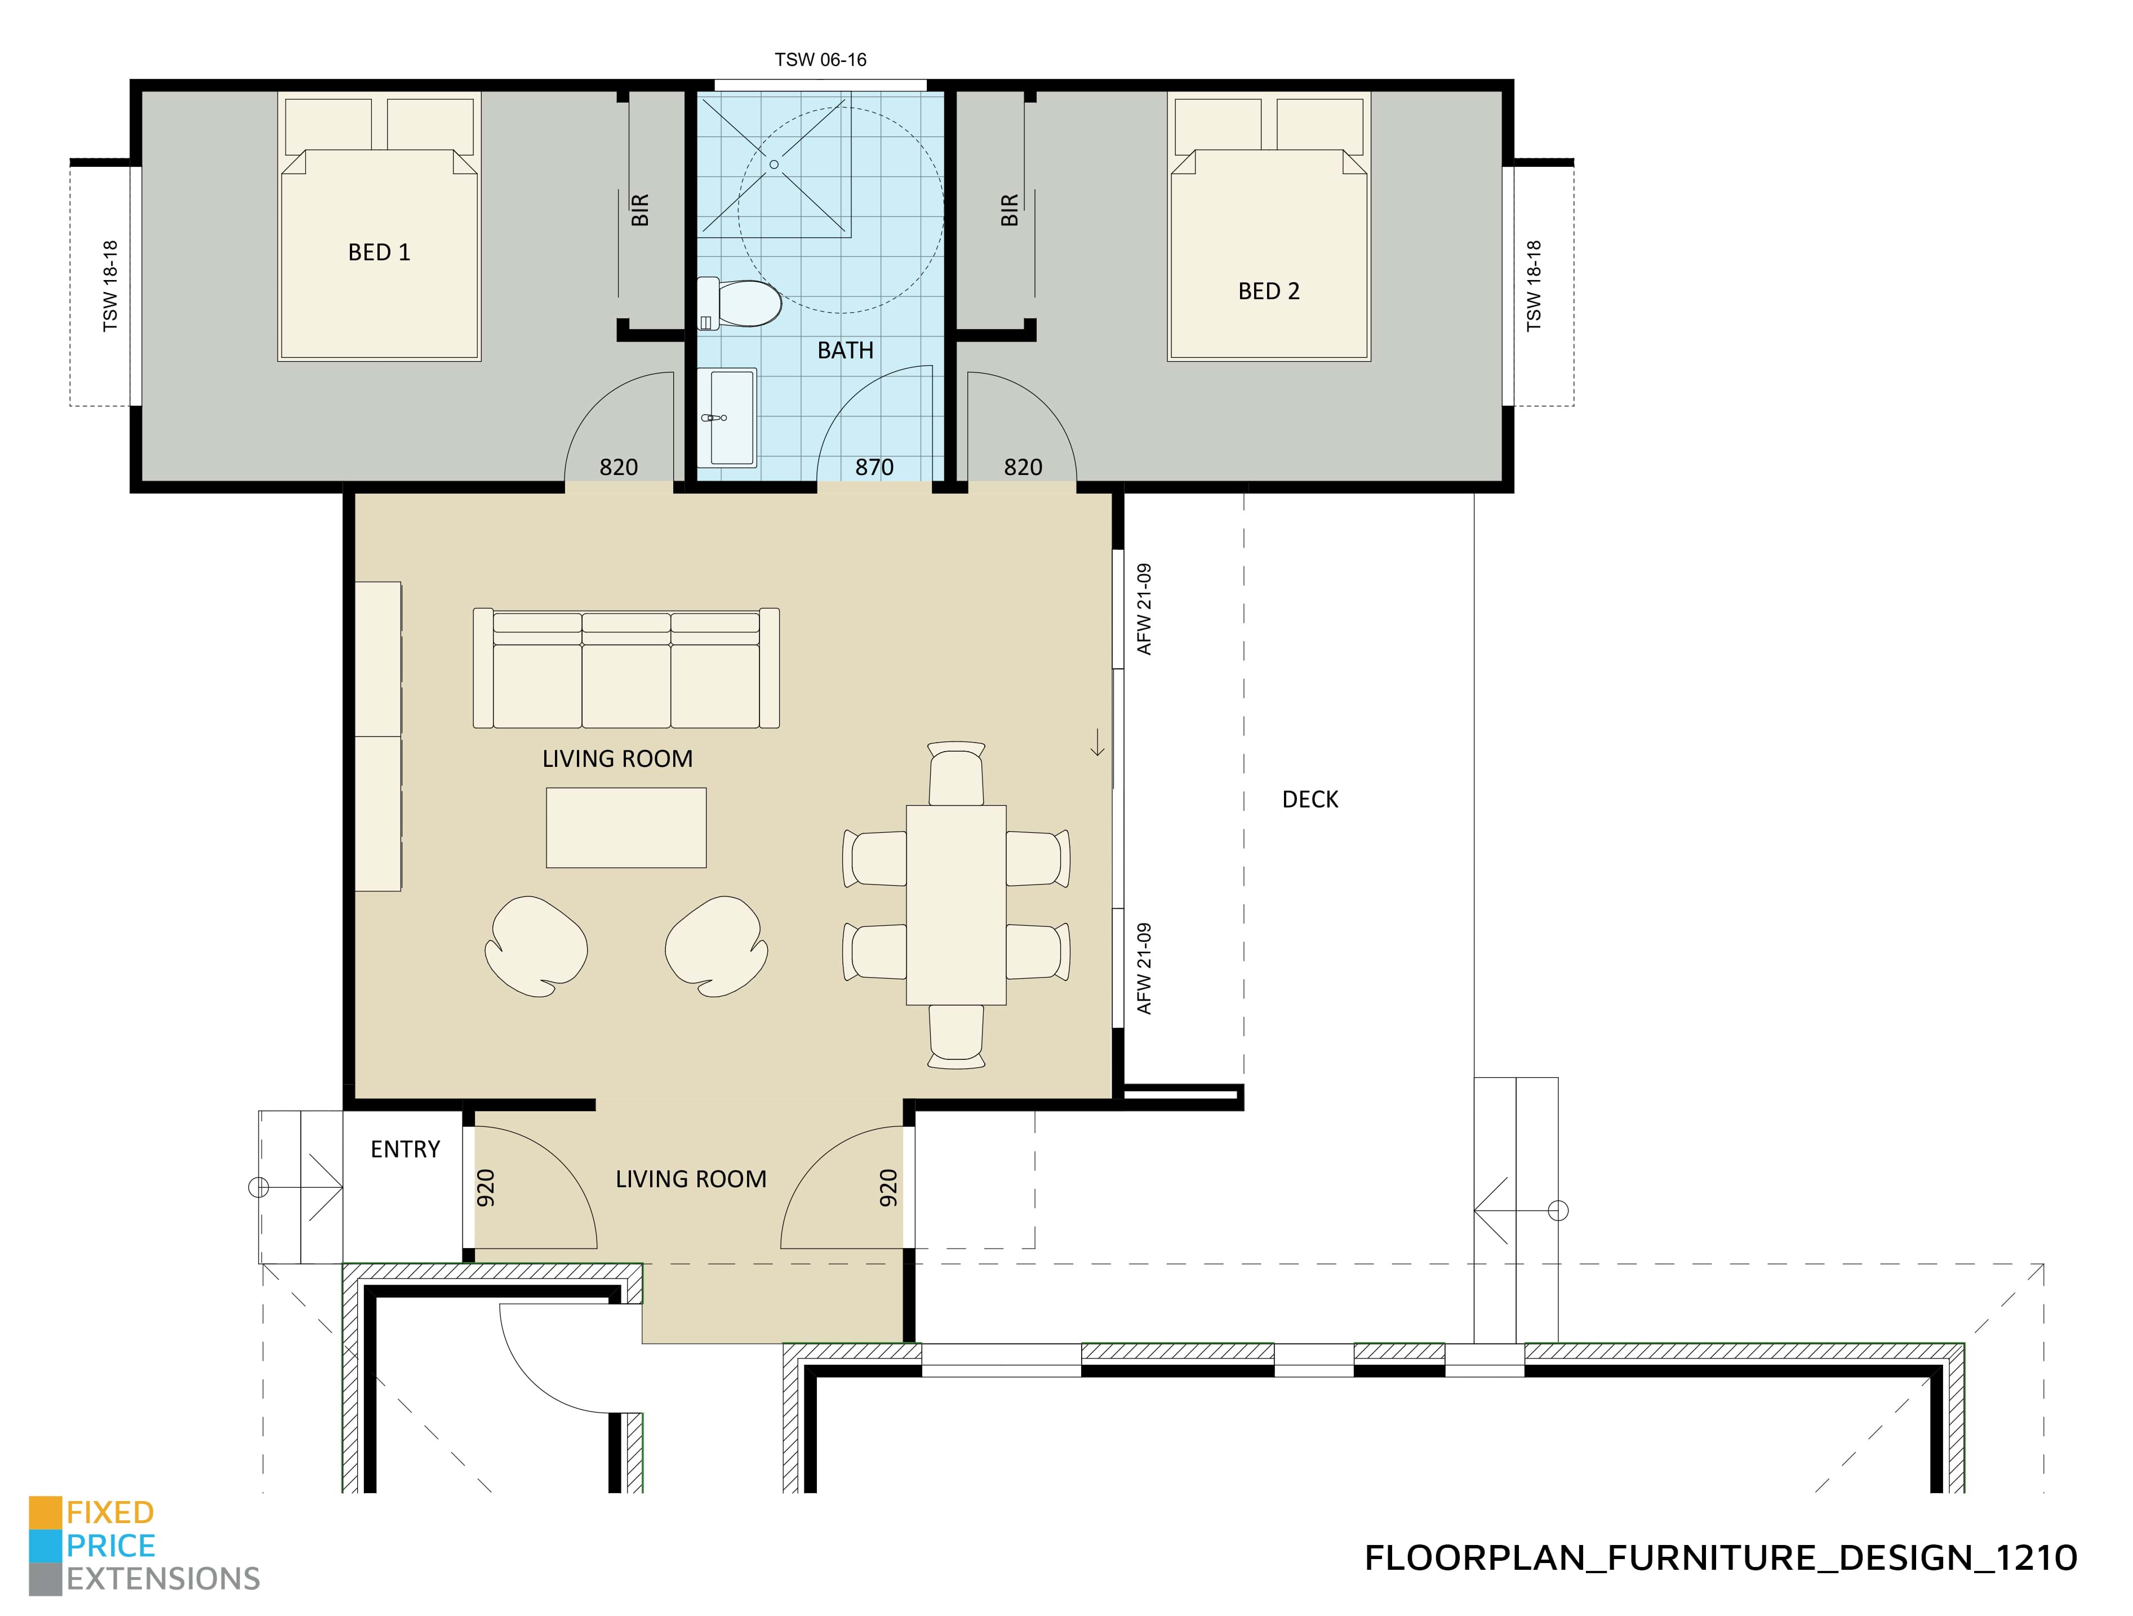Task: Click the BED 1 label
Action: (x=379, y=252)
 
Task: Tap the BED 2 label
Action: (x=1268, y=291)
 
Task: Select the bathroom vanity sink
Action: (x=730, y=416)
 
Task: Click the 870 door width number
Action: (x=874, y=468)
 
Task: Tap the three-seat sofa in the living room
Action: (x=626, y=668)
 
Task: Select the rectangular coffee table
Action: (x=626, y=827)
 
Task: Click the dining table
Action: (x=956, y=904)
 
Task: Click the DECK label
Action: (x=1309, y=800)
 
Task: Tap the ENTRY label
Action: (x=405, y=1149)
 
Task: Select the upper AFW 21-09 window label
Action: (x=1145, y=609)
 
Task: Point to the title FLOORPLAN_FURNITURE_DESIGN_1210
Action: (x=1720, y=1558)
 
